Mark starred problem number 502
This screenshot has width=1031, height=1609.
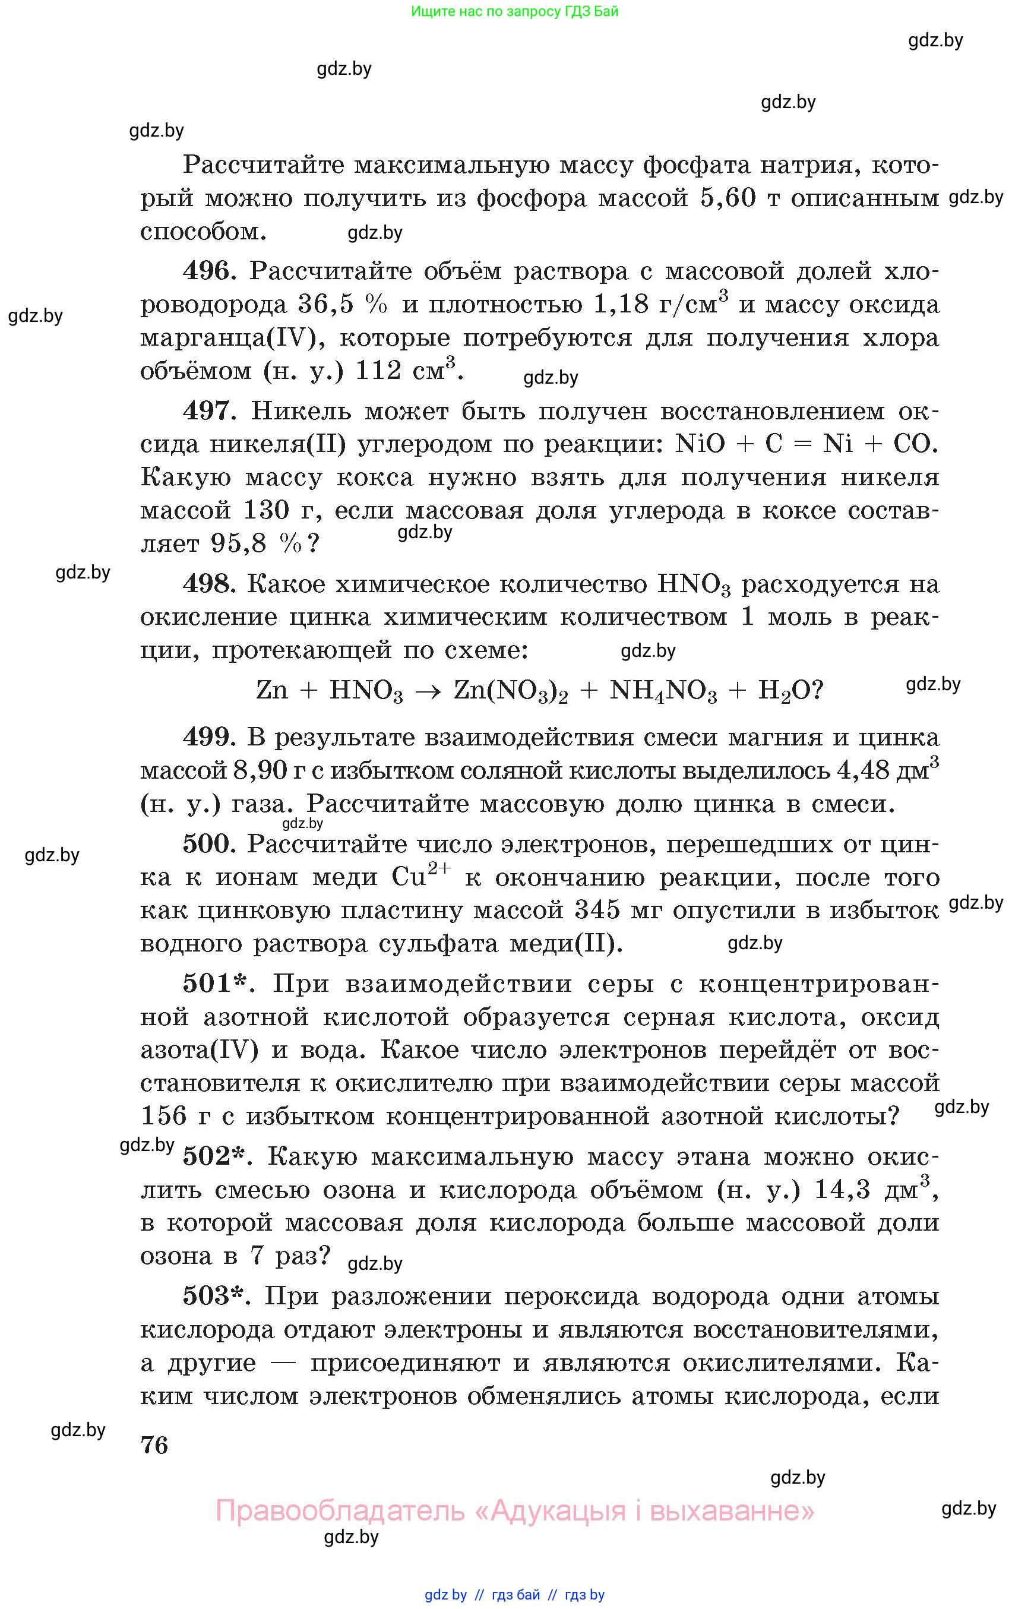pyautogui.click(x=215, y=1156)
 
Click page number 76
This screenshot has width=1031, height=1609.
pyautogui.click(x=154, y=1445)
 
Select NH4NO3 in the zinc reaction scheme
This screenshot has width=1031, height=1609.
pyautogui.click(x=663, y=691)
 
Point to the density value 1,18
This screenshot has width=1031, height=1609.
pyautogui.click(x=621, y=305)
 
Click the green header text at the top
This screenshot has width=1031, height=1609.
pyautogui.click(x=514, y=11)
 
